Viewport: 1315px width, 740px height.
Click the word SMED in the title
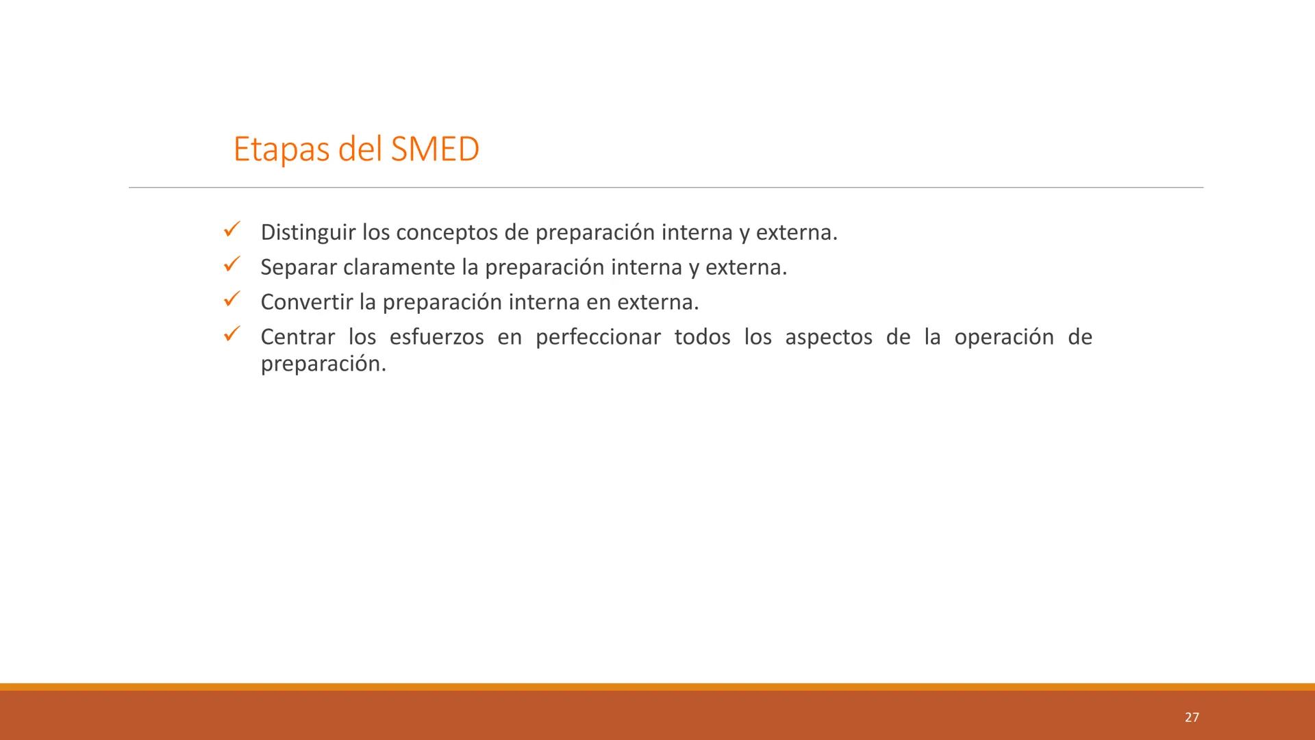coord(435,149)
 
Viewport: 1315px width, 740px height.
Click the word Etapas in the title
coord(281,150)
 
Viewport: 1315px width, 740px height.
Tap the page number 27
coord(1192,717)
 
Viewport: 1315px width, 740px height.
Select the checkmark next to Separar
coord(231,264)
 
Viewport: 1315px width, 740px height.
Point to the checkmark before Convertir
coord(231,299)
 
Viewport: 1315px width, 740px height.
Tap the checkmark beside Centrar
coord(231,334)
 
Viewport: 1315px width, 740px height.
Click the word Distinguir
coord(308,233)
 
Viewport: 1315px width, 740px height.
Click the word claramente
coord(399,267)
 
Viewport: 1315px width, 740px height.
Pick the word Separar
coord(299,267)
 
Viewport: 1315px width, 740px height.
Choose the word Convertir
coord(306,302)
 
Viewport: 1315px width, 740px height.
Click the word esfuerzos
coord(436,337)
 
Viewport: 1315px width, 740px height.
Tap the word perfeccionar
coord(598,337)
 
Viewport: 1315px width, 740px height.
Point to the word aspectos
coord(829,337)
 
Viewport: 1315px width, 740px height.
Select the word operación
coord(1003,337)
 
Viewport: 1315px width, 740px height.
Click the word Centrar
coord(298,337)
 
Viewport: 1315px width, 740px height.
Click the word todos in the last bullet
coord(702,337)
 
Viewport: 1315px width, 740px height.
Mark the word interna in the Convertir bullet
coord(544,302)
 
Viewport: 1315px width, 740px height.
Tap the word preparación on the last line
coord(323,365)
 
